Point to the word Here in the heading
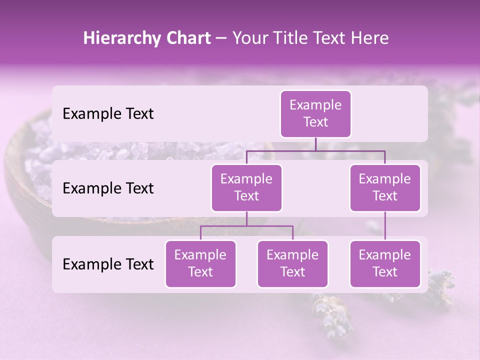coord(369,38)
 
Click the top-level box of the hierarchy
coord(315,113)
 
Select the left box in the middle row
coord(246,187)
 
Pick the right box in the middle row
coord(385,187)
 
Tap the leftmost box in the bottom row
coord(200,263)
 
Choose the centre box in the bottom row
coord(292,263)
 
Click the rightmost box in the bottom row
coord(385,263)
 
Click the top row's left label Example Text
coord(108,114)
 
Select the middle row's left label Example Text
coord(108,188)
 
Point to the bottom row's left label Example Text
coord(108,264)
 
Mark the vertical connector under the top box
coord(315,144)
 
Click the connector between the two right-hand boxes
coord(385,226)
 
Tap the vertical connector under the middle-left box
coord(246,219)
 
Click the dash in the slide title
coord(221,38)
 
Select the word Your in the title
coord(249,38)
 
